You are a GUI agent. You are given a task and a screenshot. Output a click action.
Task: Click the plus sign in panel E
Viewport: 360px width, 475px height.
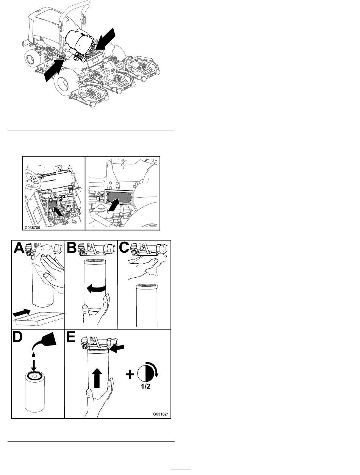(130, 375)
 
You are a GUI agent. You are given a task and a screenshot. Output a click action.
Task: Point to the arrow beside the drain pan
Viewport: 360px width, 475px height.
(21, 312)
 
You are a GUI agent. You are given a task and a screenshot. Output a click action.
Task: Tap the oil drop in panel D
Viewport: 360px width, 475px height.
(34, 354)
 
